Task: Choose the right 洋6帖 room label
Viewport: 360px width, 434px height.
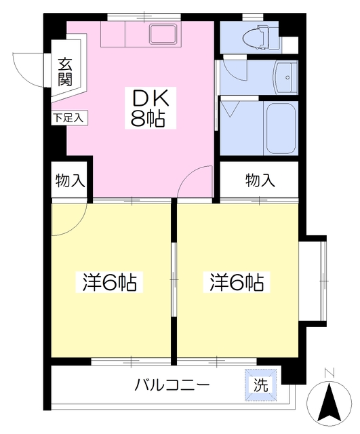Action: click(236, 282)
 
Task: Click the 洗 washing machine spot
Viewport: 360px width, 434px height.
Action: click(260, 384)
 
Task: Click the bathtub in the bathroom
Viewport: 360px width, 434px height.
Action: click(280, 128)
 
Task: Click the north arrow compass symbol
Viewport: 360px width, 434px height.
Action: click(329, 401)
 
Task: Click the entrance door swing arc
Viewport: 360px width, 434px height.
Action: click(29, 68)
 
